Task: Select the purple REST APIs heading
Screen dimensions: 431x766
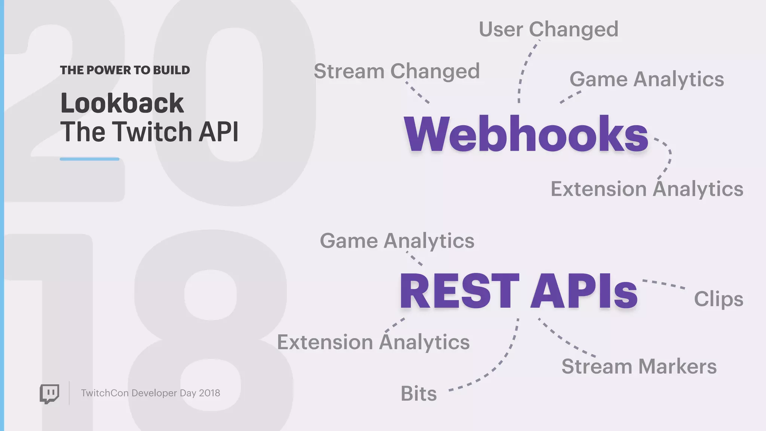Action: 518,291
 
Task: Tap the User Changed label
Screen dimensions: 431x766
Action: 548,29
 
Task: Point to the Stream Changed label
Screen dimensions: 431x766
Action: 396,71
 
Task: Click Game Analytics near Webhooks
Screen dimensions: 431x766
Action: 646,79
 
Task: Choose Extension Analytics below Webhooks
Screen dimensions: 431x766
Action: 647,189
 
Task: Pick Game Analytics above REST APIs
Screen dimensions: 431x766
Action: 397,241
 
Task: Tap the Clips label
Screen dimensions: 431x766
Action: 718,299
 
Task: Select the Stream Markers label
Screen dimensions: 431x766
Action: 639,366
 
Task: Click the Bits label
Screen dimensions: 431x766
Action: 419,394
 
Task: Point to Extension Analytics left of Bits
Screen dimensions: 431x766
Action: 373,342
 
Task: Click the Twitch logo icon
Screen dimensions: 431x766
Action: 49,394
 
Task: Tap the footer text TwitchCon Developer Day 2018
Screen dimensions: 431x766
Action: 150,393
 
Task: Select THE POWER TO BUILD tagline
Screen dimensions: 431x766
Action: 125,70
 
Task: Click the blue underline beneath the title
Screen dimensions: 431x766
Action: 89,159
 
